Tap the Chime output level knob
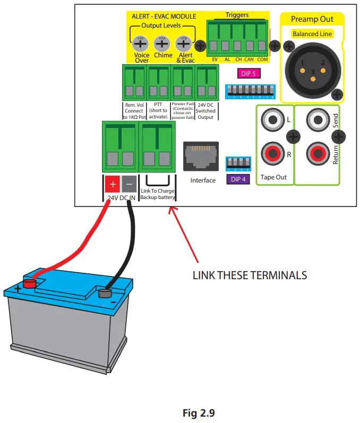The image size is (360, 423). (x=162, y=44)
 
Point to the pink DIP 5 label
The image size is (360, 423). (x=248, y=74)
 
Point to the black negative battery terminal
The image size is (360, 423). (x=104, y=292)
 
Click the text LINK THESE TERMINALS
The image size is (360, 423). (x=250, y=275)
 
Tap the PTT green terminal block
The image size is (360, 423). (x=158, y=81)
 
